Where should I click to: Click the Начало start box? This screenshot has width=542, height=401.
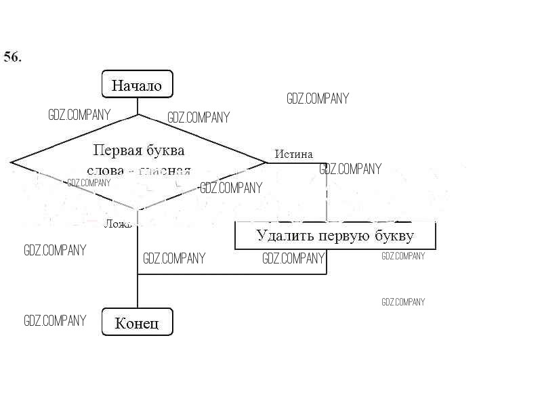137,85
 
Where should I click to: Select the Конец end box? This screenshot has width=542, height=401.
137,322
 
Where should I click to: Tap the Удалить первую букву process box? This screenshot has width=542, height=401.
335,236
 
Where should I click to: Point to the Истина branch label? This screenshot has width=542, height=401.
293,154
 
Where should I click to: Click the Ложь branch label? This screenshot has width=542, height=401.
117,224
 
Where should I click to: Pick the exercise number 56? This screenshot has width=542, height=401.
12,57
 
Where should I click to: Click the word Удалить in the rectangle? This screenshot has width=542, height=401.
280,236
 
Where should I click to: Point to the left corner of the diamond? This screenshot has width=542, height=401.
12,163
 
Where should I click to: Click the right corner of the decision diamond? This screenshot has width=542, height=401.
266,163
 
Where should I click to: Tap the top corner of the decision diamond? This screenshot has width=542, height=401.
138,114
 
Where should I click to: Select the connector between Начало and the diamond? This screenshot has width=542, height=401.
138,105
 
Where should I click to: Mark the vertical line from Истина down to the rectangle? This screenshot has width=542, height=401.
327,193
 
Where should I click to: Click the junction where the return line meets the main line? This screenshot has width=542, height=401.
138,274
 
